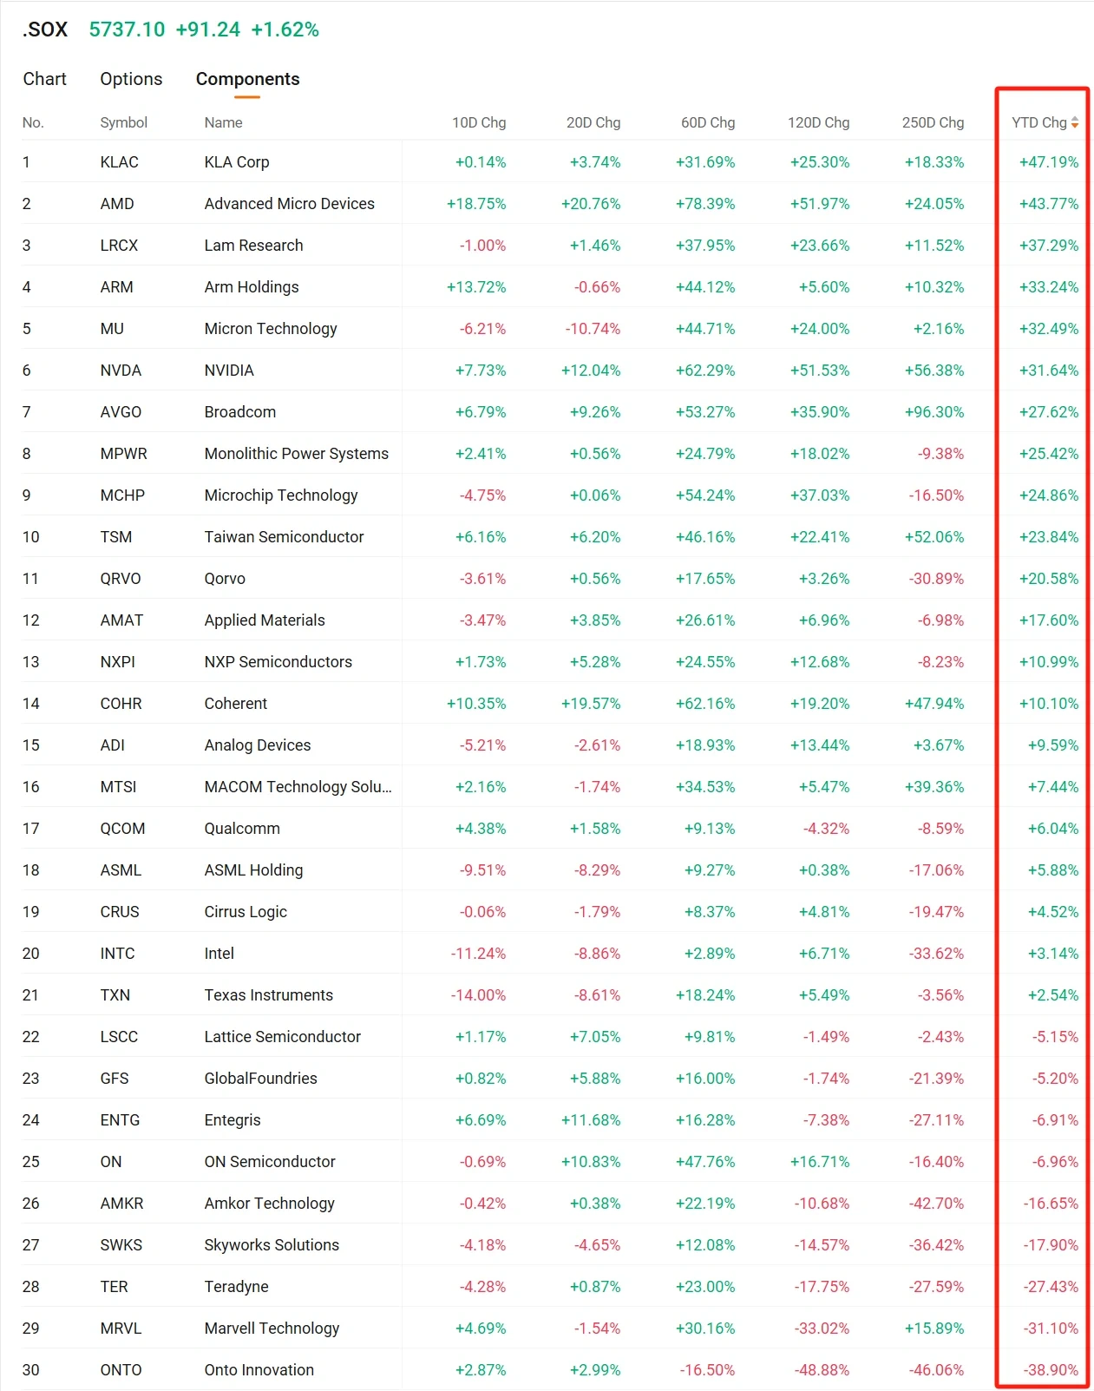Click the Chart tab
coord(44,79)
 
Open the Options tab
coord(131,79)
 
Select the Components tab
coord(247,79)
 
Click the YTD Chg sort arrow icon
coord(1075,122)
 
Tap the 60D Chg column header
coord(708,123)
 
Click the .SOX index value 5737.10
coord(127,30)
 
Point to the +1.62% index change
coord(285,30)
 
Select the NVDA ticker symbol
coord(121,371)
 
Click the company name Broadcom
coord(239,411)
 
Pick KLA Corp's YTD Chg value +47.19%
coord(1049,162)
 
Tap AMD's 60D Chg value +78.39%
coord(705,204)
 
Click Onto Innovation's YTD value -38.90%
coord(1051,1369)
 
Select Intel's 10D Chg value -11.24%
coord(478,954)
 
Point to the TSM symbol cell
coord(115,537)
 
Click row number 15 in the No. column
coord(31,745)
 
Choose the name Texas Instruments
coord(269,994)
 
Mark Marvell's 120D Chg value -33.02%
coord(822,1329)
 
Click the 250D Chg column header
coord(934,123)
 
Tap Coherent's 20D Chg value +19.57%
coord(591,703)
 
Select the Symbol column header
coord(123,123)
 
